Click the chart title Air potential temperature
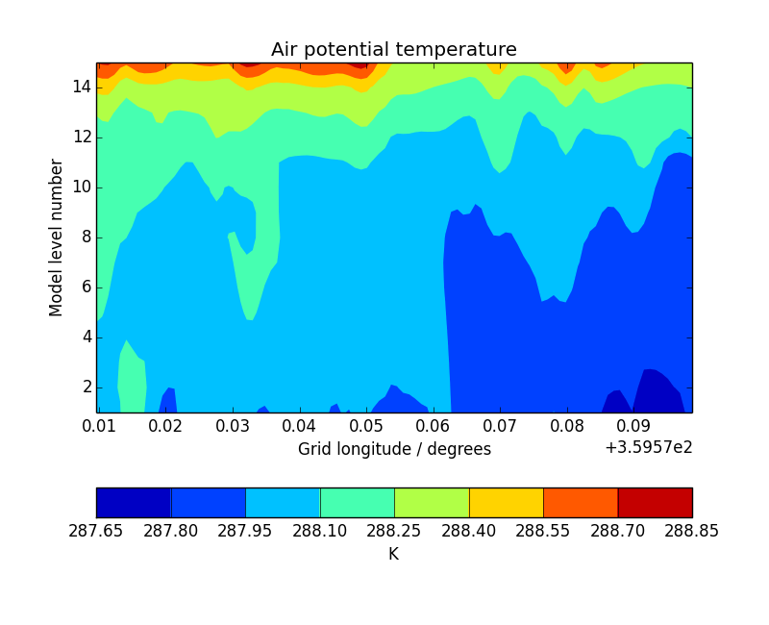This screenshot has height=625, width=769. (394, 50)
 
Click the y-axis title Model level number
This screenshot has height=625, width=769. (57, 237)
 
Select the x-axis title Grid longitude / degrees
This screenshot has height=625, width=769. (394, 449)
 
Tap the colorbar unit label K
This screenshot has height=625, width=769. (393, 554)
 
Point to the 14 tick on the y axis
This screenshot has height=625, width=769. (81, 87)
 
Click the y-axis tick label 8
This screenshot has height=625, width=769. (86, 237)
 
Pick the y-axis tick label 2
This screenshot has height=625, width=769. (86, 387)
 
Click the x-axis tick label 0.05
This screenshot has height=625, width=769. (366, 425)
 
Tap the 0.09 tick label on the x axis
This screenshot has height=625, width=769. (633, 425)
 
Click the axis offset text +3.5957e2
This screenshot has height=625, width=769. (649, 447)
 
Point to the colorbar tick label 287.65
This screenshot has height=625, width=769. (96, 531)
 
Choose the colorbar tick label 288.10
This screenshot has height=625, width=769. (320, 531)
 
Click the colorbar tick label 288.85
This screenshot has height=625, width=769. (692, 531)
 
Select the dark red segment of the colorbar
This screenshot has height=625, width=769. (655, 502)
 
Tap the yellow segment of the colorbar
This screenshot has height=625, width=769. (506, 502)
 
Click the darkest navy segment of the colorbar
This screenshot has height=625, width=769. (134, 502)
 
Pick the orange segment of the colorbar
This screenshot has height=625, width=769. (581, 502)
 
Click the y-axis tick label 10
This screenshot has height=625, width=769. (81, 187)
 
